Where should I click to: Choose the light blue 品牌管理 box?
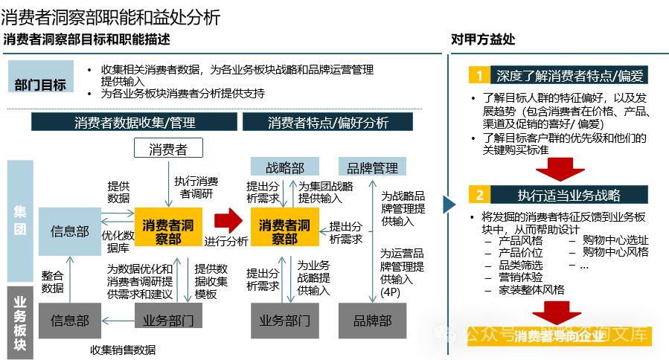[x=368, y=167]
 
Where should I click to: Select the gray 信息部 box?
[x=70, y=321]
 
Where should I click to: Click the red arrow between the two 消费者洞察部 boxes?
[x=228, y=220]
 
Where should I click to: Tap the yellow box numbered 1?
[x=480, y=75]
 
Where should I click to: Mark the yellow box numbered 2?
[x=480, y=196]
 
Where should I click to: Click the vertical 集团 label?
[x=20, y=221]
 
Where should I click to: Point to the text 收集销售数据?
[x=124, y=350]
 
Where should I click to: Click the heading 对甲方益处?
[x=483, y=39]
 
